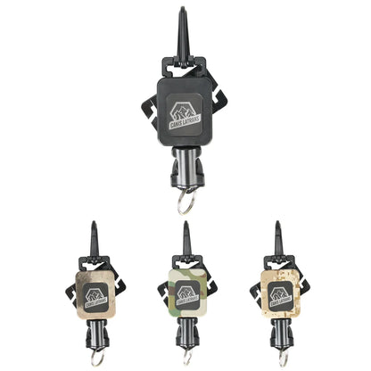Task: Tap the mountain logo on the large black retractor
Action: pos(185,111)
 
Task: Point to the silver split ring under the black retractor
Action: pos(185,203)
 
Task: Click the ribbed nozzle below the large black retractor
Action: pos(185,172)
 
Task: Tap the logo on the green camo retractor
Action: pos(185,293)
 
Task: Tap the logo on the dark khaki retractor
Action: pos(95,293)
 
